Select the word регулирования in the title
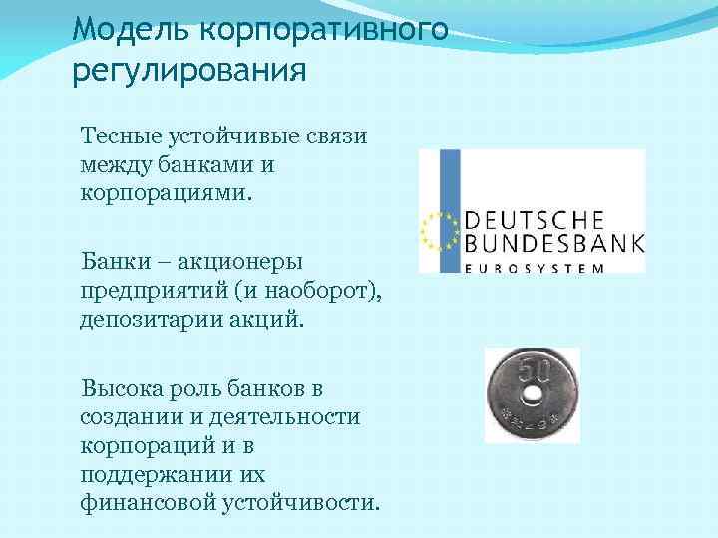tap(188, 73)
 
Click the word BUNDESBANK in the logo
tap(554, 244)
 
